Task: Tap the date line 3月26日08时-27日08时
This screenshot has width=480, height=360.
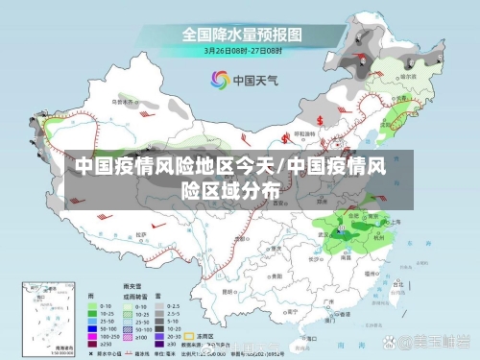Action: coord(241,49)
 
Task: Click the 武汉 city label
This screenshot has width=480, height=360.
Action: coord(323,233)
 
